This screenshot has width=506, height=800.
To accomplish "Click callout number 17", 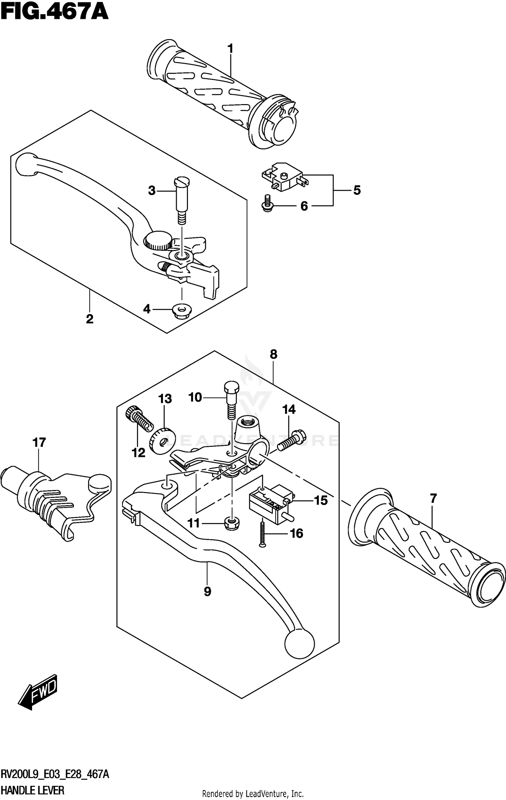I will pyautogui.click(x=39, y=442).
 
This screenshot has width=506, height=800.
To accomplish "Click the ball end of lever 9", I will pyautogui.click(x=300, y=644).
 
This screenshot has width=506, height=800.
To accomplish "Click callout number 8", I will pyautogui.click(x=273, y=355).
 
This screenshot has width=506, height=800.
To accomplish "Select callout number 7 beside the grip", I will pyautogui.click(x=433, y=498).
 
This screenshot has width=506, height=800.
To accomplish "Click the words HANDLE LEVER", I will pyautogui.click(x=32, y=790).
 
